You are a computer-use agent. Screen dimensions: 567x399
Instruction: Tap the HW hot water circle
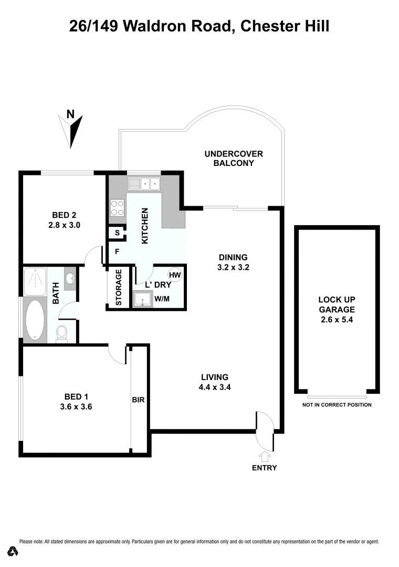(174, 275)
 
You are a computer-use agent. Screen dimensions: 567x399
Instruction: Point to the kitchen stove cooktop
(117, 208)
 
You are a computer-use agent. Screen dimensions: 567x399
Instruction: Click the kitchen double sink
(144, 184)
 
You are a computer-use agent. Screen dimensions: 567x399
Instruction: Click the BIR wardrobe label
(138, 400)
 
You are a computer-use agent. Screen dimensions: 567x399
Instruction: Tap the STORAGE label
(119, 287)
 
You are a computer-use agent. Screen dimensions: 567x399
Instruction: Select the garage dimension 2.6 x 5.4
(337, 319)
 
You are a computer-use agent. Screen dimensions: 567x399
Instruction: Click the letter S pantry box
(117, 232)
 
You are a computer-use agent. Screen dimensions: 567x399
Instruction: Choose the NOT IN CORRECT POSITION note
(337, 405)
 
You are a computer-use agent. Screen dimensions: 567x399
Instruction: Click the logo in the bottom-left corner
(14, 551)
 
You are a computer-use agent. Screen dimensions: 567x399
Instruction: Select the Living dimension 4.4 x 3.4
(215, 387)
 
